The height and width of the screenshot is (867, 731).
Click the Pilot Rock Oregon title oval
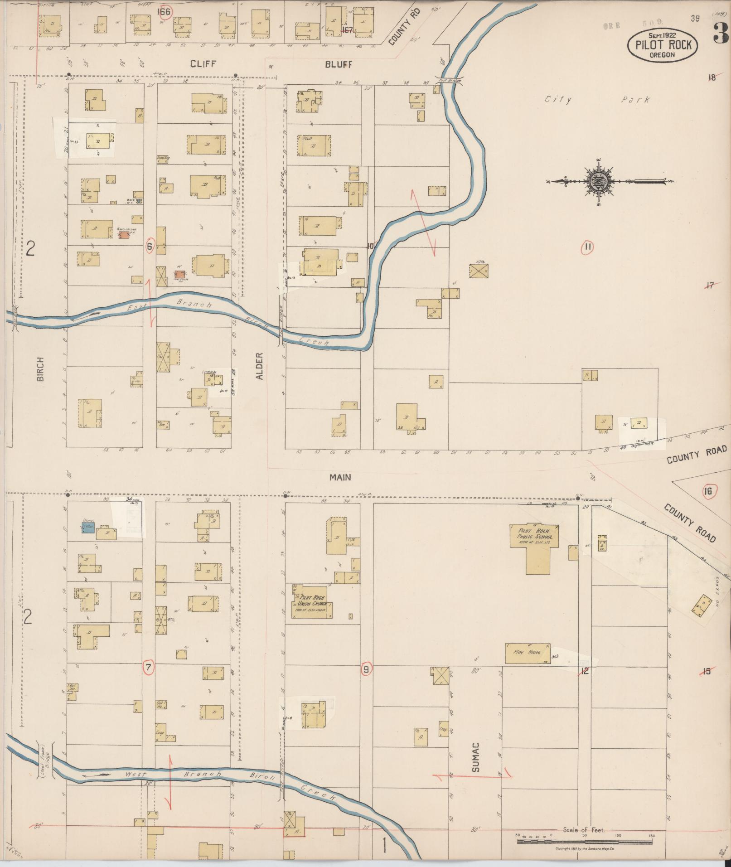662,44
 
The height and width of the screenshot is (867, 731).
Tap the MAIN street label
340,477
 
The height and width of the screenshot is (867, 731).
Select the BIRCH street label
41,368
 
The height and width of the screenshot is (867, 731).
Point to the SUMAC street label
476,757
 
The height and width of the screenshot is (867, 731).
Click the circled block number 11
588,247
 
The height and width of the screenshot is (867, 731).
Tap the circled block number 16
708,491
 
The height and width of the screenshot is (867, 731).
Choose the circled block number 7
148,667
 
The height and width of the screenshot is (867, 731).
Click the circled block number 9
366,668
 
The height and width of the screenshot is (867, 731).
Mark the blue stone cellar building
88,527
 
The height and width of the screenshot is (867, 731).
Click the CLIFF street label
203,64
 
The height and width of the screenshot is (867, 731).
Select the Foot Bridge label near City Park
449,80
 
